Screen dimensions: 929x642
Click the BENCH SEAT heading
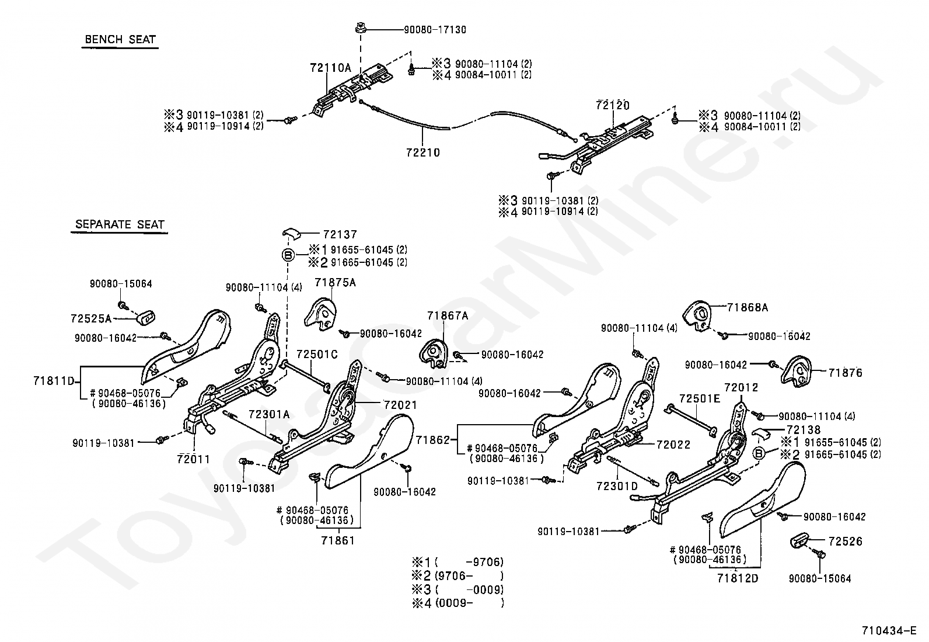click(120, 40)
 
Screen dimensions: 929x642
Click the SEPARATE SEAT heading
click(120, 225)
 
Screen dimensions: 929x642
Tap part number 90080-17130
click(435, 30)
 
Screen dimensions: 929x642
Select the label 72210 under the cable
click(423, 153)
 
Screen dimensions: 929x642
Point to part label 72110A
click(330, 68)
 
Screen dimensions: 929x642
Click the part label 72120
click(613, 106)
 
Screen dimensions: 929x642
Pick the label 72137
click(340, 235)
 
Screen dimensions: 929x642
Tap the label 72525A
click(91, 318)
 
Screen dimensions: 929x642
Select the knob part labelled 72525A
click(145, 318)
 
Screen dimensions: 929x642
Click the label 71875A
click(335, 283)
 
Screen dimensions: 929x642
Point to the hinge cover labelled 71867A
click(434, 354)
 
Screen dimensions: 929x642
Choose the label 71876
click(845, 373)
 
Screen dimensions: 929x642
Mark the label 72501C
click(317, 354)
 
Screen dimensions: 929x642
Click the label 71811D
click(54, 381)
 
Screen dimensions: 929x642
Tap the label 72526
click(845, 542)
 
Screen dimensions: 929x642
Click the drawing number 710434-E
click(889, 630)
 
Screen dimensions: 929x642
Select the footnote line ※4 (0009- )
click(458, 602)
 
